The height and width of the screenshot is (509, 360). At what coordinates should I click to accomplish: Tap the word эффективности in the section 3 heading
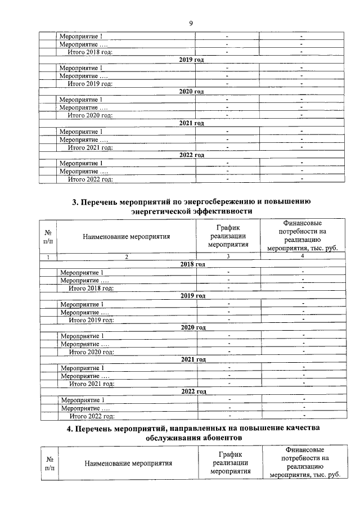[220, 211]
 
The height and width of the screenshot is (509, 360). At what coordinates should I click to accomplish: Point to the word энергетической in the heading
[159, 211]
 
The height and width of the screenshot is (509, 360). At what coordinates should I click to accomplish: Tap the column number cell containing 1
[48, 257]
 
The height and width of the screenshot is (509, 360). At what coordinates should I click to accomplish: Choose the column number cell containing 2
[127, 257]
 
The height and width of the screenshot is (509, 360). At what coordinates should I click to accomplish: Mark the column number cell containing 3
[228, 257]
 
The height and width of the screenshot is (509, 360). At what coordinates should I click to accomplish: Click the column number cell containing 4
[303, 257]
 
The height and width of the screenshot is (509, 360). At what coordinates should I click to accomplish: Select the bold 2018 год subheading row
[192, 264]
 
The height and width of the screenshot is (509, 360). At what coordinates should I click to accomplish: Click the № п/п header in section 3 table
[48, 237]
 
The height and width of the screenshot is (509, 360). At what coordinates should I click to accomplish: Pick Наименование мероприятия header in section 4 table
[128, 463]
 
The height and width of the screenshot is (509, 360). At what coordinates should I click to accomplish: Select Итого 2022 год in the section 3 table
[92, 416]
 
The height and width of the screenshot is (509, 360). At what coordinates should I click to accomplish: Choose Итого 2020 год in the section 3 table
[91, 352]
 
